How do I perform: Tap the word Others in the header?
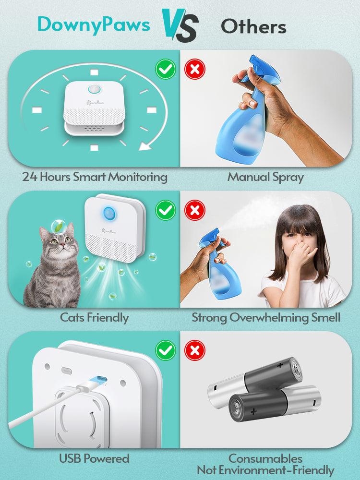click(253, 26)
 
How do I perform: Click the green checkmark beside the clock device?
click(166, 70)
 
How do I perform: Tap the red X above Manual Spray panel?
click(195, 70)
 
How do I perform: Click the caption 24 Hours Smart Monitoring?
click(95, 177)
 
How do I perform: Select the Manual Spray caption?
click(265, 177)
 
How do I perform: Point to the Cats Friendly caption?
click(94, 317)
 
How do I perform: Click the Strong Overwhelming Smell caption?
click(266, 317)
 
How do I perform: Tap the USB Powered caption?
click(94, 458)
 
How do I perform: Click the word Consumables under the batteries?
click(265, 458)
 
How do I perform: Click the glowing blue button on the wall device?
click(108, 212)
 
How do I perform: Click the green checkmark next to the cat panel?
click(166, 210)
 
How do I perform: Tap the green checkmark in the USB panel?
click(166, 350)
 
